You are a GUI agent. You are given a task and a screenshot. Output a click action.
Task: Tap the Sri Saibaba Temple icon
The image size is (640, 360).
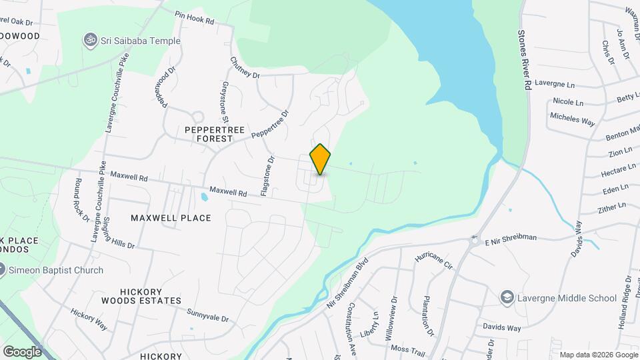pyautogui.click(x=87, y=41)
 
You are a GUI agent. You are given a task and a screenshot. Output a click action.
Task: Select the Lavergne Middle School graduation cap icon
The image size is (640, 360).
pyautogui.click(x=507, y=297)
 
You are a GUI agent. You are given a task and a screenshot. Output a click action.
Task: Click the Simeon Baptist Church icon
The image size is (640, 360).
pyautogui.click(x=2, y=270)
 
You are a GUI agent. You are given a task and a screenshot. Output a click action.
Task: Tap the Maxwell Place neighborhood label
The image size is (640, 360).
pyautogui.click(x=171, y=218)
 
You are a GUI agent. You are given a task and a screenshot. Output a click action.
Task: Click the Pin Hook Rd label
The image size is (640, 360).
pyautogui.click(x=194, y=17)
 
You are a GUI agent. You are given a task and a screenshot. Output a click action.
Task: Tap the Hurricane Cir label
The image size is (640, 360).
pyautogui.click(x=434, y=259)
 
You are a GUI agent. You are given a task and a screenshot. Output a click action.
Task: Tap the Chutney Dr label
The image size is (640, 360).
pyautogui.click(x=244, y=68)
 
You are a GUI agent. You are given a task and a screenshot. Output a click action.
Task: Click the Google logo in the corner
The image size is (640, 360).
pyautogui.click(x=22, y=351)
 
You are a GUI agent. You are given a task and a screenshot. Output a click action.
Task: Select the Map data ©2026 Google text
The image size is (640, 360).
pyautogui.click(x=598, y=355)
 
